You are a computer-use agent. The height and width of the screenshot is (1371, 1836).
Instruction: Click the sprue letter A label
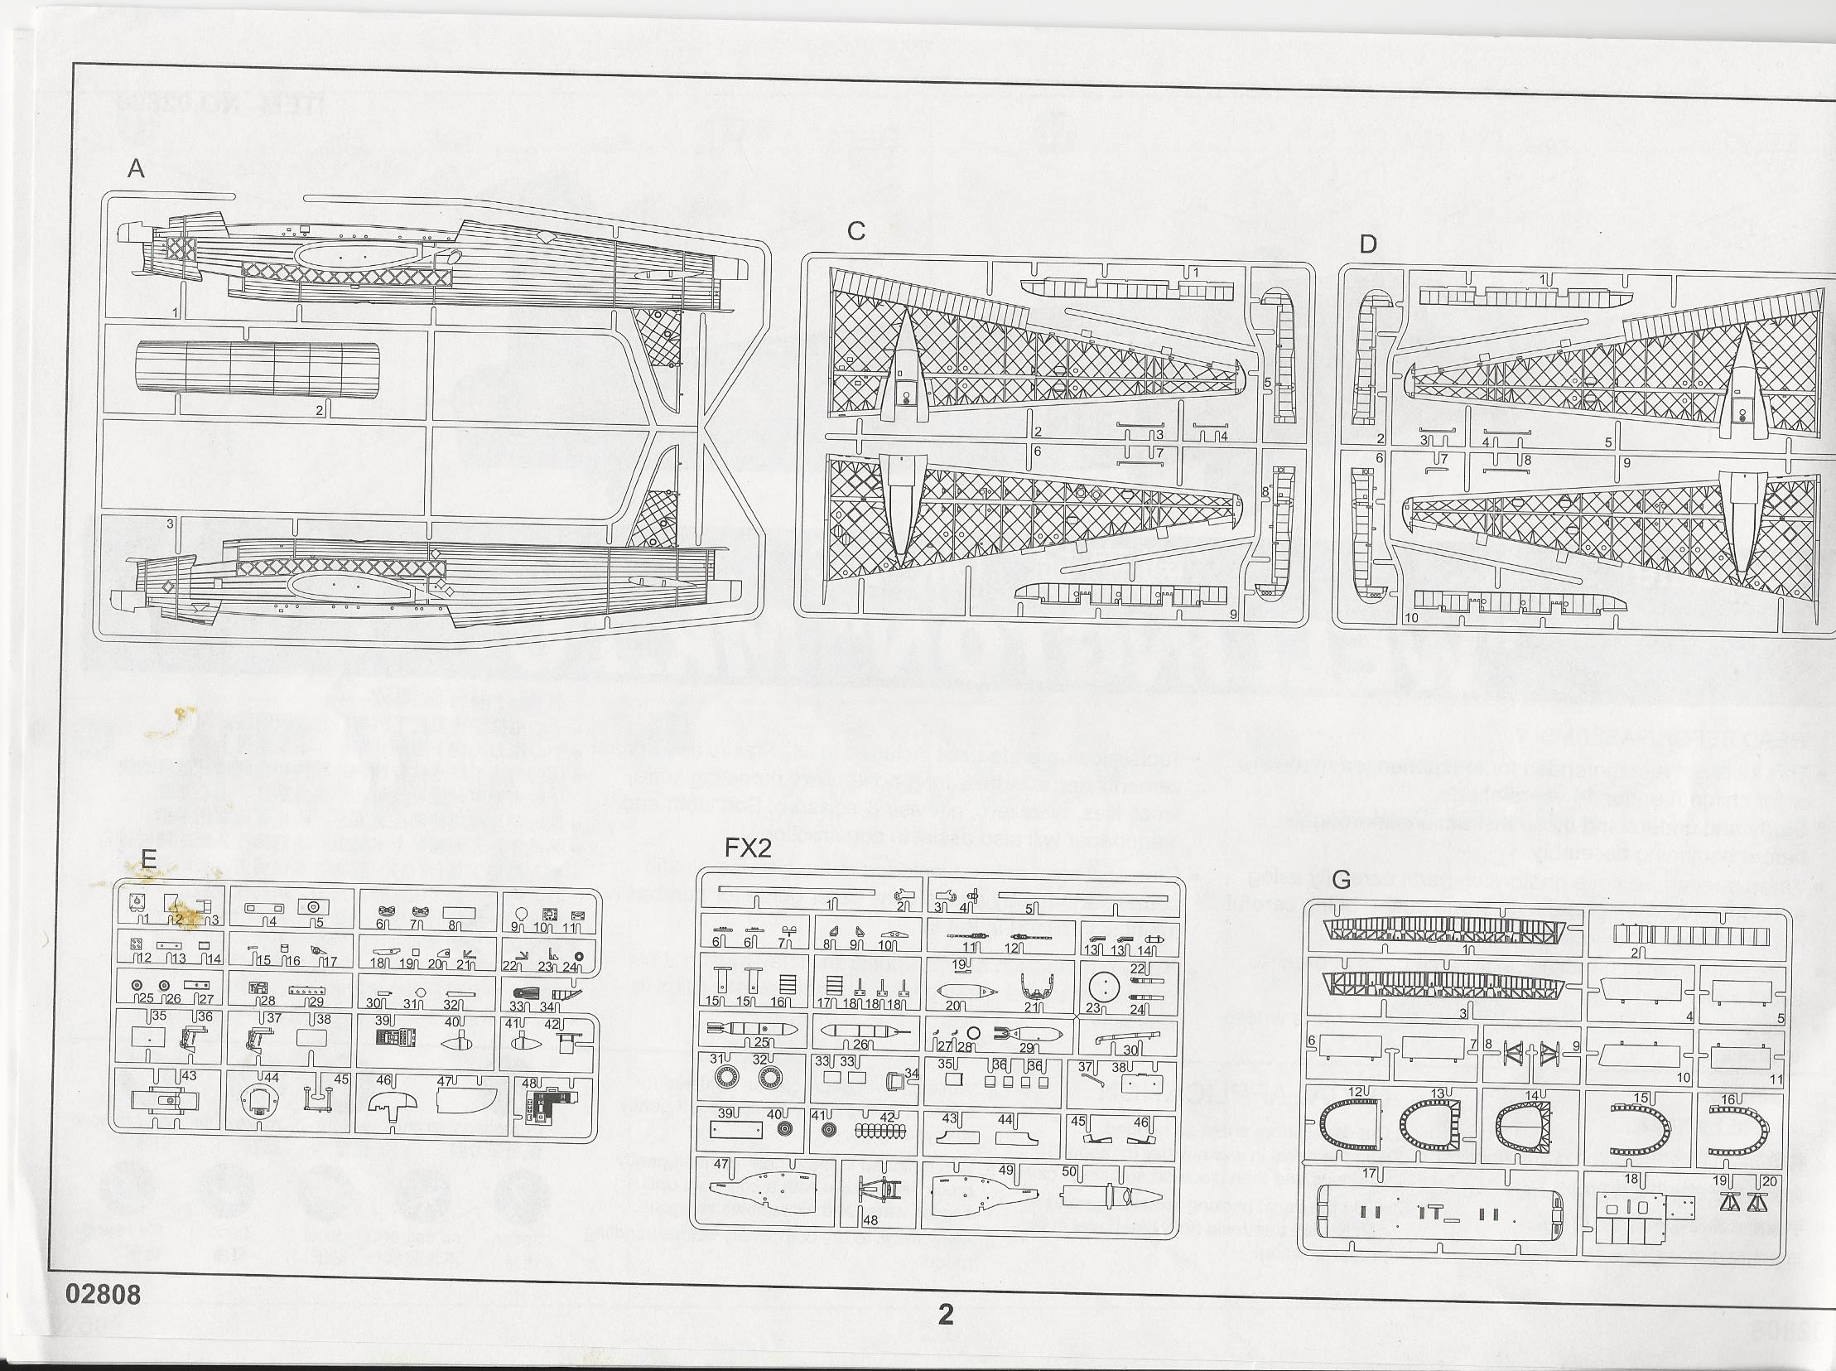[x=136, y=169]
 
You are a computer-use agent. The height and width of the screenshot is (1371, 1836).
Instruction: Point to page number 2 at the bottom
[x=945, y=1314]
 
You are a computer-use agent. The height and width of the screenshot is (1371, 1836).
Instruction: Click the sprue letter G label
[x=1341, y=880]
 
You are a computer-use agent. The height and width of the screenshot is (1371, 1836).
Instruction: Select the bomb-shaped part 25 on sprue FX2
[x=752, y=1030]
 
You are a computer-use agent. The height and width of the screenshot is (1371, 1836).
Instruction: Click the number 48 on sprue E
[x=528, y=1084]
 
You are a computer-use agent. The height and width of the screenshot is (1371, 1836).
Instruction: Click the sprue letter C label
[x=856, y=232]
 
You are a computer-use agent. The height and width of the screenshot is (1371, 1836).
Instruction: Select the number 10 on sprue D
[x=1411, y=617]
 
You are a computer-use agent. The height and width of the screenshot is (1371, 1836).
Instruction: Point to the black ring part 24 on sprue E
[x=578, y=957]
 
